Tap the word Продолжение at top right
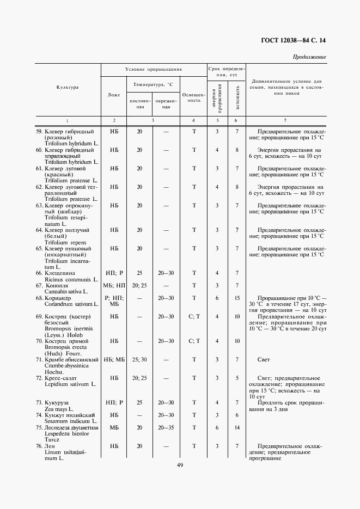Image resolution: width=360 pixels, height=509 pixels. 309,57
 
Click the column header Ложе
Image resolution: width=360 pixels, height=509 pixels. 114,95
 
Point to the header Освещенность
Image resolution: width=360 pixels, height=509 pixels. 193,96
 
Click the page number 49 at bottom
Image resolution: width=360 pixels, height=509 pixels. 180,465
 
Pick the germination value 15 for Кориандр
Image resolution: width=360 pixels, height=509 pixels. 237,298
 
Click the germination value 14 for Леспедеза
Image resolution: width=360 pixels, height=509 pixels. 237,427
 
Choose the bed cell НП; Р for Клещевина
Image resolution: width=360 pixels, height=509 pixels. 114,273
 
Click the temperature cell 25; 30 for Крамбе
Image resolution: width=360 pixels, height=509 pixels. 139,359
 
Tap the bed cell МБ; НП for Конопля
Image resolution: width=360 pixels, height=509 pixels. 114,285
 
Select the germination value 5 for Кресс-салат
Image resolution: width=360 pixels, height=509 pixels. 237,378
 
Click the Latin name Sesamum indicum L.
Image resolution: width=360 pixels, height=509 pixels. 71,421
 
